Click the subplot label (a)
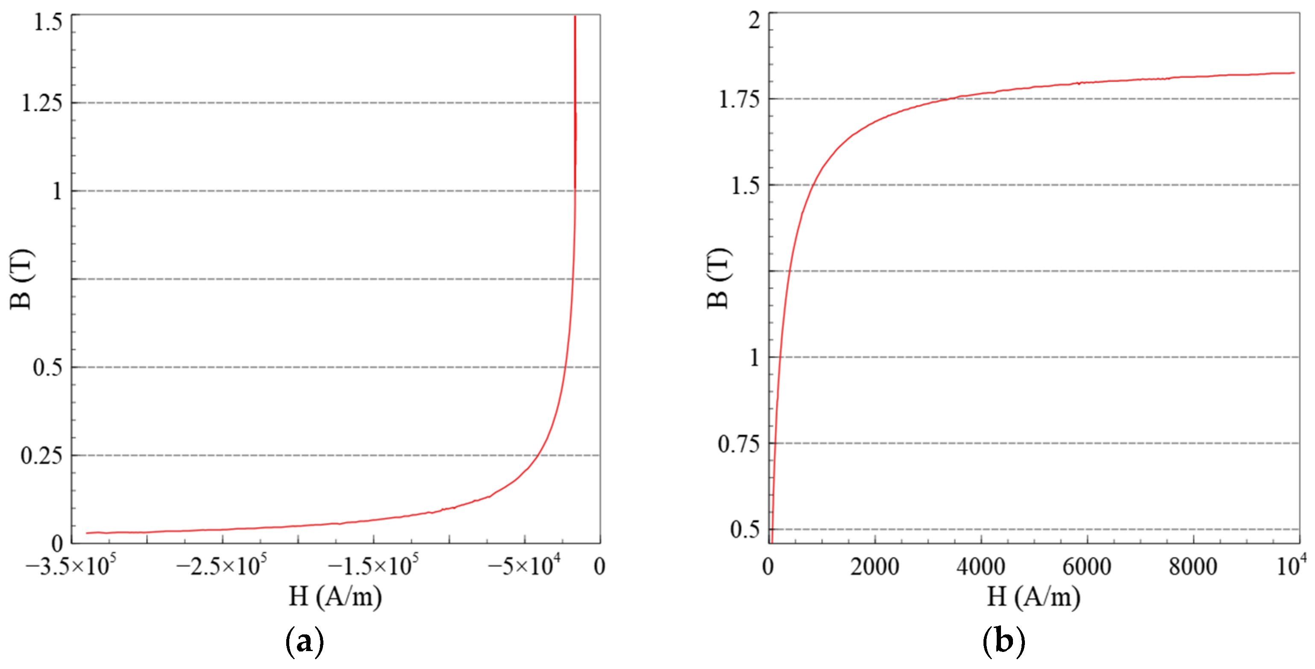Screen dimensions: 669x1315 coord(304,641)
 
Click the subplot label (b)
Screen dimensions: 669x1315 coord(1004,641)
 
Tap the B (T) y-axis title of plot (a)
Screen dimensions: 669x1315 coord(21,279)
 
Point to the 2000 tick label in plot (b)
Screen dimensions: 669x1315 coord(875,567)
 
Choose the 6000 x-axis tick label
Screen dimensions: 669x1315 coord(1087,567)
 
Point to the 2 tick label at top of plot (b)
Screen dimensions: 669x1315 coord(754,21)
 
